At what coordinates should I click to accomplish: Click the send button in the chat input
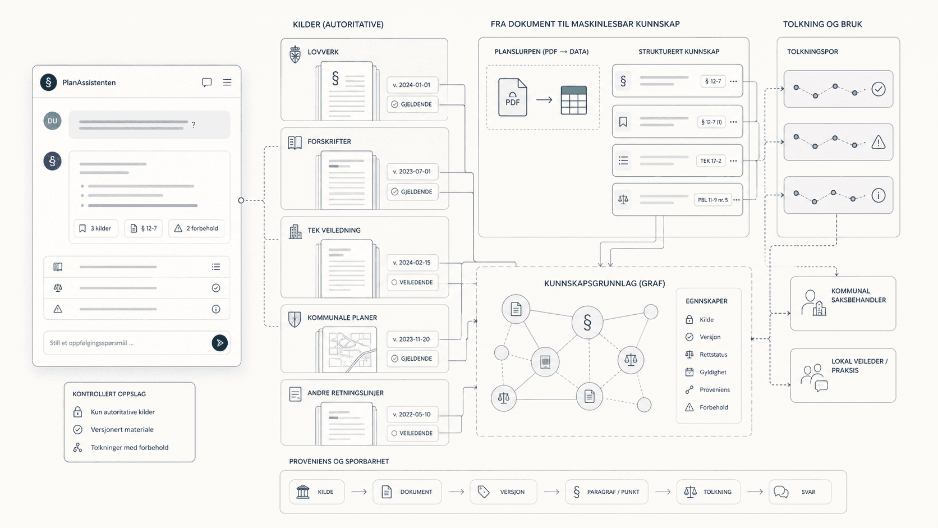[219, 343]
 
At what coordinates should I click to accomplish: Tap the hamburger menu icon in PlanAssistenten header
[227, 82]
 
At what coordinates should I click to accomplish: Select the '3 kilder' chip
[95, 228]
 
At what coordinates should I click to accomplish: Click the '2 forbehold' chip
[196, 228]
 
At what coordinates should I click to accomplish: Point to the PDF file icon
[513, 97]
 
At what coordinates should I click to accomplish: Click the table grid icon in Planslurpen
[574, 100]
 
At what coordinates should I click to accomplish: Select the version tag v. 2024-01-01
[412, 85]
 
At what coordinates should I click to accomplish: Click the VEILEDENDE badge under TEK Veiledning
[412, 282]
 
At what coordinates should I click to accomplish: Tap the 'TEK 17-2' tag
[711, 161]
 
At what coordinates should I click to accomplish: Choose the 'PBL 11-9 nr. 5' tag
[712, 200]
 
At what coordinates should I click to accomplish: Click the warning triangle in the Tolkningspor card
[878, 143]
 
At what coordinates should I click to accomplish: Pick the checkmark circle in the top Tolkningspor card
[878, 89]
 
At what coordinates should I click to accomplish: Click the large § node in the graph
[587, 323]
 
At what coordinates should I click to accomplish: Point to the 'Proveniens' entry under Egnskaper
[714, 390]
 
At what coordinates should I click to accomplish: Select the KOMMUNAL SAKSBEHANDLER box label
[858, 295]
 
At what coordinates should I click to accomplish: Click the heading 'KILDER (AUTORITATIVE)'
[338, 25]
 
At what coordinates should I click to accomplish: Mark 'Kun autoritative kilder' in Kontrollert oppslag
[123, 412]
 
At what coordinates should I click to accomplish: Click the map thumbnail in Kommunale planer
[350, 350]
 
